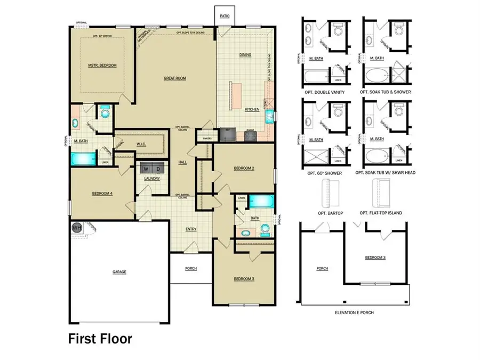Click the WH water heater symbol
(76, 227)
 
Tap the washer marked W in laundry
(145, 169)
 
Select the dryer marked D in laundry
(157, 169)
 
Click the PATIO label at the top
(225, 17)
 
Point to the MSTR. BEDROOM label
(102, 65)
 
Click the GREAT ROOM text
(174, 78)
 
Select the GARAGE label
(119, 271)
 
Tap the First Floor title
(100, 338)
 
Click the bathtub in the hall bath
(261, 202)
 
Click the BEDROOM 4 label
(101, 194)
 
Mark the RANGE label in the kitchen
(250, 130)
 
